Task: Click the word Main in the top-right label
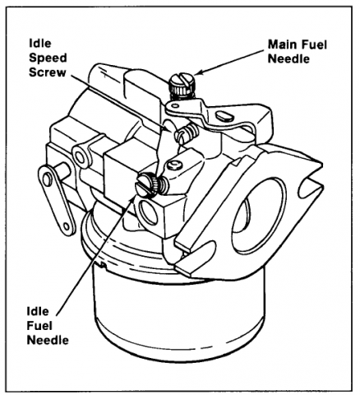(282, 44)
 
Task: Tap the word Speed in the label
(48, 58)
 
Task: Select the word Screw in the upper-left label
(48, 72)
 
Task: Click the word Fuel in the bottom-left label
(39, 326)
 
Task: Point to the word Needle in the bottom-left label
(48, 340)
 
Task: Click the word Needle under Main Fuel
(288, 58)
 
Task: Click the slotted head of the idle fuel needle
(145, 186)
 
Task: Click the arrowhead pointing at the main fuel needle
(199, 72)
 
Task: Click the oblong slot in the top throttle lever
(224, 116)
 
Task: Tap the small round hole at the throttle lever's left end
(175, 105)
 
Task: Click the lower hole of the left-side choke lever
(67, 226)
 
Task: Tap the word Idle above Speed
(40, 44)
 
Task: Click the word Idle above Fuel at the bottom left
(38, 312)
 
